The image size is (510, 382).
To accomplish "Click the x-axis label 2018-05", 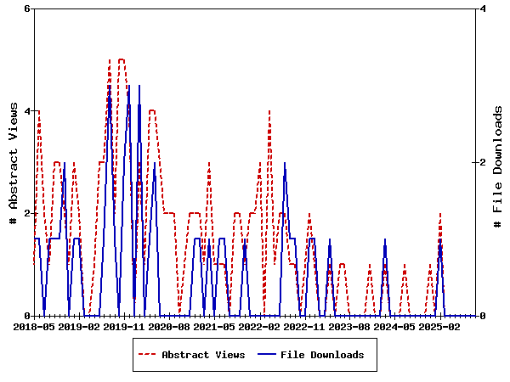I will [34, 326].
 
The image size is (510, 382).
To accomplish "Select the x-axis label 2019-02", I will [79, 326].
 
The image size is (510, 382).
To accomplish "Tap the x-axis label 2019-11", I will [124, 326].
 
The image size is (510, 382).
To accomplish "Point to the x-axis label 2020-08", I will [169, 326].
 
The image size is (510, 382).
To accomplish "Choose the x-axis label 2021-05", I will [214, 326].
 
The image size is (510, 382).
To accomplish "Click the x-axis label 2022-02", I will [259, 326].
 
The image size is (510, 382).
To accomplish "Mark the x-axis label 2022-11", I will [304, 326].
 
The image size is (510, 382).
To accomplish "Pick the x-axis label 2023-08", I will [349, 326].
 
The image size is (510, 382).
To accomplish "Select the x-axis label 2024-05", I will [394, 326].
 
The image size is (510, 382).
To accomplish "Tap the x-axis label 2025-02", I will [439, 326].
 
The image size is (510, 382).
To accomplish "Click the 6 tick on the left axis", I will [27, 8].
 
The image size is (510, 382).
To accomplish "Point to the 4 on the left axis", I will [27, 111].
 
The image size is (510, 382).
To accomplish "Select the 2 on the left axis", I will [27, 213].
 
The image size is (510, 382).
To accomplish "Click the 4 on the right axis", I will [482, 8].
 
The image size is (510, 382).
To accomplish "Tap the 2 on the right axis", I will [482, 162].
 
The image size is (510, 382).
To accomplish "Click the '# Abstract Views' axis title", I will [13, 162].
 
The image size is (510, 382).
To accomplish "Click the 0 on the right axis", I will [482, 316].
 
